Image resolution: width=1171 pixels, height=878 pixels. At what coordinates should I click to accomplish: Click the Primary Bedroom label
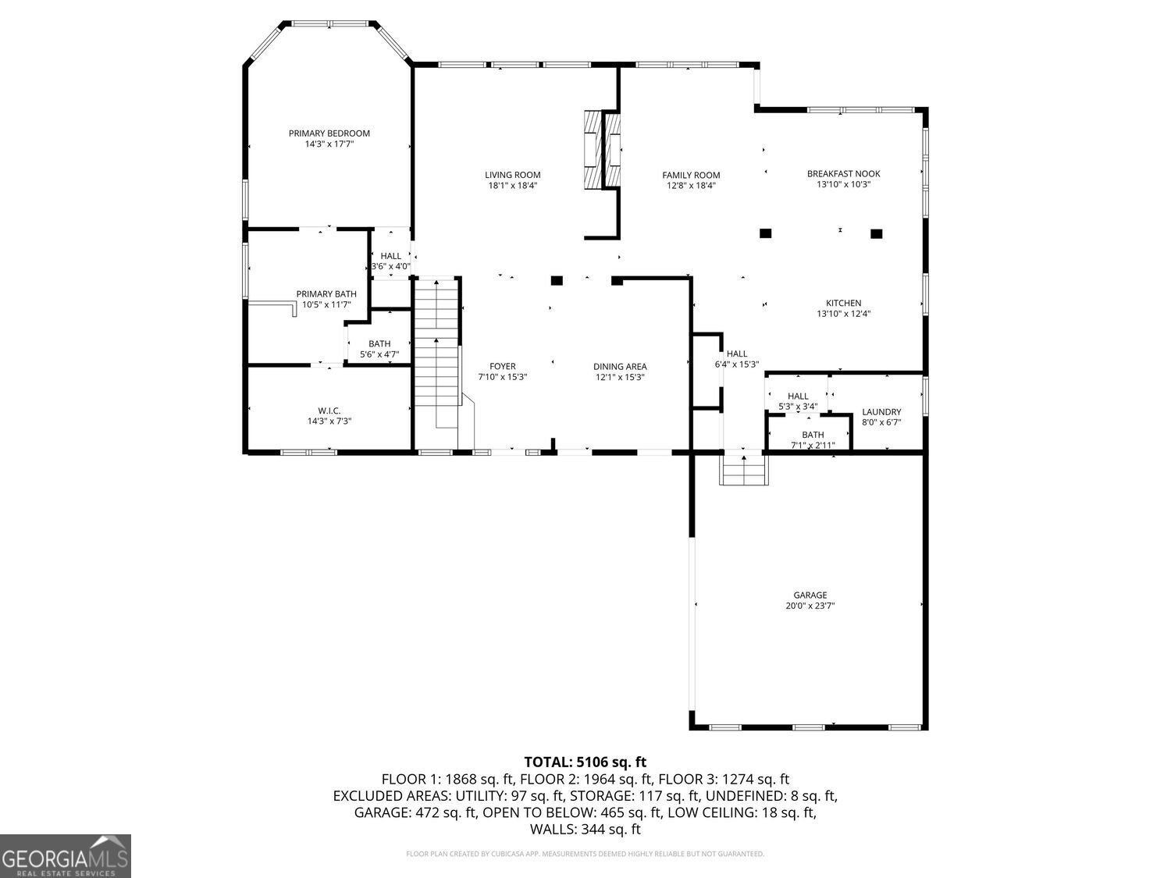[329, 133]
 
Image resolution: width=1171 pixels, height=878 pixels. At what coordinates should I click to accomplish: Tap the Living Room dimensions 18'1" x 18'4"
[512, 186]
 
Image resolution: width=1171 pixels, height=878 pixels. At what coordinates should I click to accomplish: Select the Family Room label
[691, 176]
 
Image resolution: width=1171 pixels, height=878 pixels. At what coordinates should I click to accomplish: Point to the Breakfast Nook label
[843, 174]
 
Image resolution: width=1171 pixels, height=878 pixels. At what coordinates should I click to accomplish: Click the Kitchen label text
[843, 304]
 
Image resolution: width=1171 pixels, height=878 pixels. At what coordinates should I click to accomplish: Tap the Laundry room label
[881, 412]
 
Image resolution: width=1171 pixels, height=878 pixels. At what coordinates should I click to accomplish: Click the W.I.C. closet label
[329, 411]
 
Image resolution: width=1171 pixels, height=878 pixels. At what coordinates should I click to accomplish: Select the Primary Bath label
[326, 294]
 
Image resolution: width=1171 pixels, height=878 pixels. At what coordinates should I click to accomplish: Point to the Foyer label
[502, 367]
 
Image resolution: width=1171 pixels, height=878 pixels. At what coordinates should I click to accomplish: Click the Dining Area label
[620, 367]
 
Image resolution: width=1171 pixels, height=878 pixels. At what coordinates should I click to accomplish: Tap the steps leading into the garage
[744, 470]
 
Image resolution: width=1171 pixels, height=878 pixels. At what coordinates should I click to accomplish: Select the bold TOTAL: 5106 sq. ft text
[585, 762]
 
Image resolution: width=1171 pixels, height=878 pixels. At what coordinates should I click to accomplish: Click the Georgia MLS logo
[66, 856]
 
